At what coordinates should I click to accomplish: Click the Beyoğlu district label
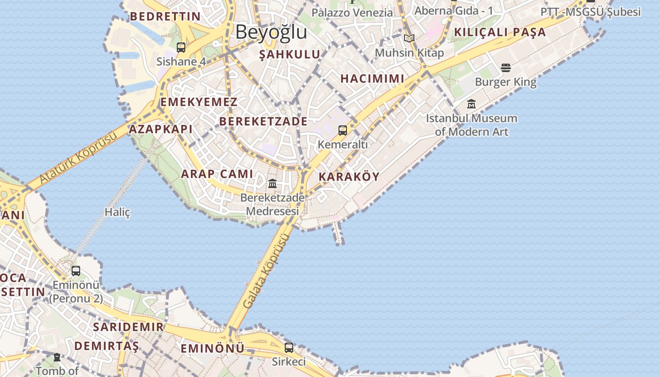coord(271,32)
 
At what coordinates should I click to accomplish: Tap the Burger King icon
coord(506,68)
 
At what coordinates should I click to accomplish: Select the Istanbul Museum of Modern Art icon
coord(471,104)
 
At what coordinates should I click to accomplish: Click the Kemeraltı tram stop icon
coord(343,130)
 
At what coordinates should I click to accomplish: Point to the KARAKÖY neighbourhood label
coord(349,177)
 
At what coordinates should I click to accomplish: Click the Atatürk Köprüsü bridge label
coord(78,158)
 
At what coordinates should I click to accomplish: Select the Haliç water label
coord(117,212)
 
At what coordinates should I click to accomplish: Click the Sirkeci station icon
coord(289,348)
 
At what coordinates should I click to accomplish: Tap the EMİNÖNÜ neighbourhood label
coord(213,349)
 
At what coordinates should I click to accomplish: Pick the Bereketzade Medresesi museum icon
coord(272,183)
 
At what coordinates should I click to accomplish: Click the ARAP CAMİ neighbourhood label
coord(217,174)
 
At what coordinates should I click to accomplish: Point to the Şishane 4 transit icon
coord(181,47)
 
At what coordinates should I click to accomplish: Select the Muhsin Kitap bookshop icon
coord(409,38)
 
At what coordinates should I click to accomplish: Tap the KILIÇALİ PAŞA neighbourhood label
coord(500,33)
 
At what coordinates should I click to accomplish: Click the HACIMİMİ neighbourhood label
coord(372,79)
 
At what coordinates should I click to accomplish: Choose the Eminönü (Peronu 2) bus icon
coord(76,271)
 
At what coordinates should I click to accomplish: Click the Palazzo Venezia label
coord(352,13)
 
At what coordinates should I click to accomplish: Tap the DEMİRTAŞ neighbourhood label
coord(107,346)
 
